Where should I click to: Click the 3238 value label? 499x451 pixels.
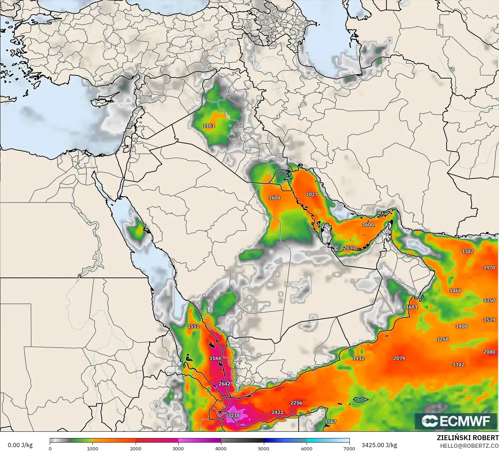234,416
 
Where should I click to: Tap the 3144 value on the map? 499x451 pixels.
215,358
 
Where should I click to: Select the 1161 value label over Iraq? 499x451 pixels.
209,126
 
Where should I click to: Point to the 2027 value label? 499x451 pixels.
312,194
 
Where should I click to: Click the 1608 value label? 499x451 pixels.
274,198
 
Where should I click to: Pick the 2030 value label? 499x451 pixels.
349,248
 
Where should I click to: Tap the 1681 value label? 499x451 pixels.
412,307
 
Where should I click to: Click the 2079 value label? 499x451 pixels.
399,358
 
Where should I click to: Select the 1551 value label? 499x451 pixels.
193,326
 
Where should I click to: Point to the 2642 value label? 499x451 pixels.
224,384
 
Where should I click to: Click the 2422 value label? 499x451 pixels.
277,412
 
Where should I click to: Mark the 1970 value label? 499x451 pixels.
489,268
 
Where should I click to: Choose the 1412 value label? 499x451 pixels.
358,358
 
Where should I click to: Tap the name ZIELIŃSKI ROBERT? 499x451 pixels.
468,438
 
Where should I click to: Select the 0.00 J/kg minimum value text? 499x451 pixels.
20,445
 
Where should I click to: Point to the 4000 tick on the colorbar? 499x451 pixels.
221,448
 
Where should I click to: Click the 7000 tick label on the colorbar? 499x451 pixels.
349,448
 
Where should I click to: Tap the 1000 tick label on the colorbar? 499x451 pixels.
93,448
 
